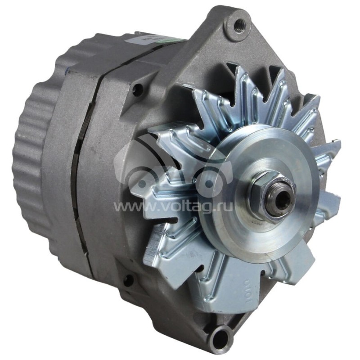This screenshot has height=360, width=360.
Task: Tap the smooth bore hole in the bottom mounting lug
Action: [221, 335]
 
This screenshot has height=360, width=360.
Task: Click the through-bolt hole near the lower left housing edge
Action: [128, 280]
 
